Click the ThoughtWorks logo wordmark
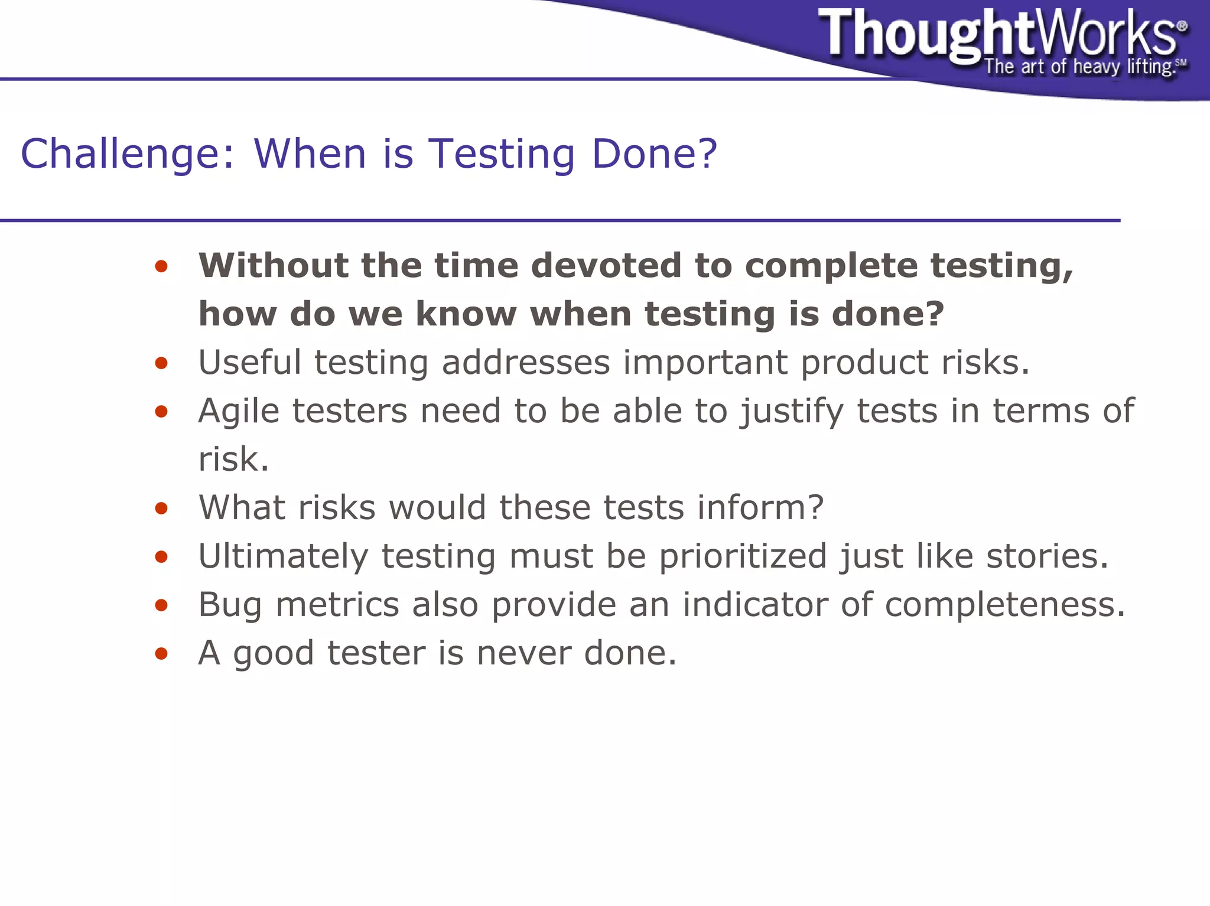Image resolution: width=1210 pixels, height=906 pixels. tap(998, 34)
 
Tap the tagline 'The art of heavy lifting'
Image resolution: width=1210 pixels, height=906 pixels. tap(1078, 67)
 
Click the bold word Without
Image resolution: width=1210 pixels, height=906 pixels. tap(273, 265)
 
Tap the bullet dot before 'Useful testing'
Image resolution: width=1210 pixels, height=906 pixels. tap(161, 363)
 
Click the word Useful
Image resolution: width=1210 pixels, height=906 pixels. tap(249, 362)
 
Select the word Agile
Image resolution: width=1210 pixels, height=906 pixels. tap(239, 410)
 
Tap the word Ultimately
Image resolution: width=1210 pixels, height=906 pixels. tap(283, 556)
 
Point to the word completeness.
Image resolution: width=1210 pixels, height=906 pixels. tap(1005, 605)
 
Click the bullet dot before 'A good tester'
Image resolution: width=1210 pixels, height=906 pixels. tap(161, 653)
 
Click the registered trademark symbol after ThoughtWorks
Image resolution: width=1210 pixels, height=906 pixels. tap(1182, 26)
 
